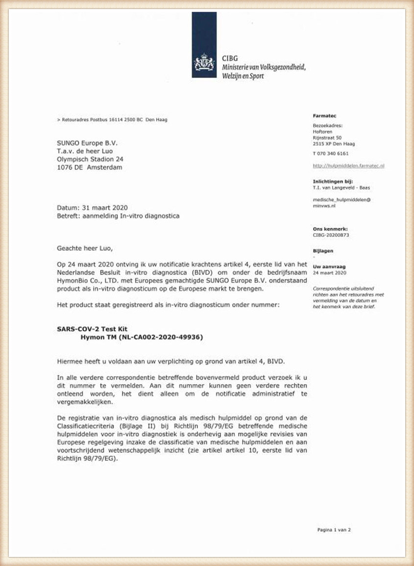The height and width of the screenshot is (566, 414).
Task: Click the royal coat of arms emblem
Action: click(204, 62)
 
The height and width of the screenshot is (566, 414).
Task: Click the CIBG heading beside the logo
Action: click(229, 57)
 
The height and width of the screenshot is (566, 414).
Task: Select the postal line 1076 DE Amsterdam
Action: click(90, 167)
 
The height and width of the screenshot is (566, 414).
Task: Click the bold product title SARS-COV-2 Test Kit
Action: click(92, 329)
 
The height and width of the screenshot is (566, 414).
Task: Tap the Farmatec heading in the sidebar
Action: click(323, 115)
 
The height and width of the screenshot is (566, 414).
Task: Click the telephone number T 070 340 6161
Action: click(331, 153)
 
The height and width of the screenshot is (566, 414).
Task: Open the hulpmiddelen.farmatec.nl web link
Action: click(348, 166)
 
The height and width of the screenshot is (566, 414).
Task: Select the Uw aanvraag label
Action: click(327, 266)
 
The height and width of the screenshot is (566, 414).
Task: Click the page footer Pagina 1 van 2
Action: click(334, 529)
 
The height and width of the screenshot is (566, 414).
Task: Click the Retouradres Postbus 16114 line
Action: click(112, 120)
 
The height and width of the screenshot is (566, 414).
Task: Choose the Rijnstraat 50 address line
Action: click(327, 138)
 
